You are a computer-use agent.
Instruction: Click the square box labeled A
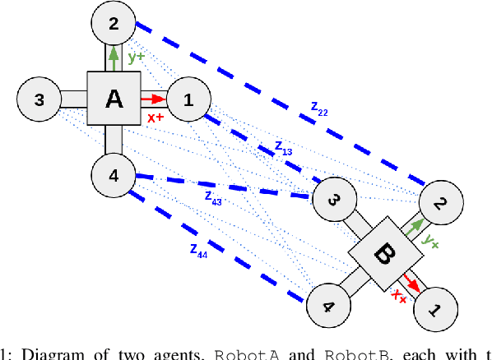click(x=114, y=99)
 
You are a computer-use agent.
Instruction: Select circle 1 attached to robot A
click(x=188, y=100)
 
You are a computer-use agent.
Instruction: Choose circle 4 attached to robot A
click(x=114, y=174)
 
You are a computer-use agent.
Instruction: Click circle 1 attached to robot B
click(x=436, y=310)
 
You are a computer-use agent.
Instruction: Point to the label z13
click(x=283, y=148)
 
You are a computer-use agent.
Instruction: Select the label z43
click(x=212, y=197)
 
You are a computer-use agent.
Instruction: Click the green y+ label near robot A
click(x=136, y=58)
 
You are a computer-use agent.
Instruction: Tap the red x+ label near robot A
click(x=155, y=118)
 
